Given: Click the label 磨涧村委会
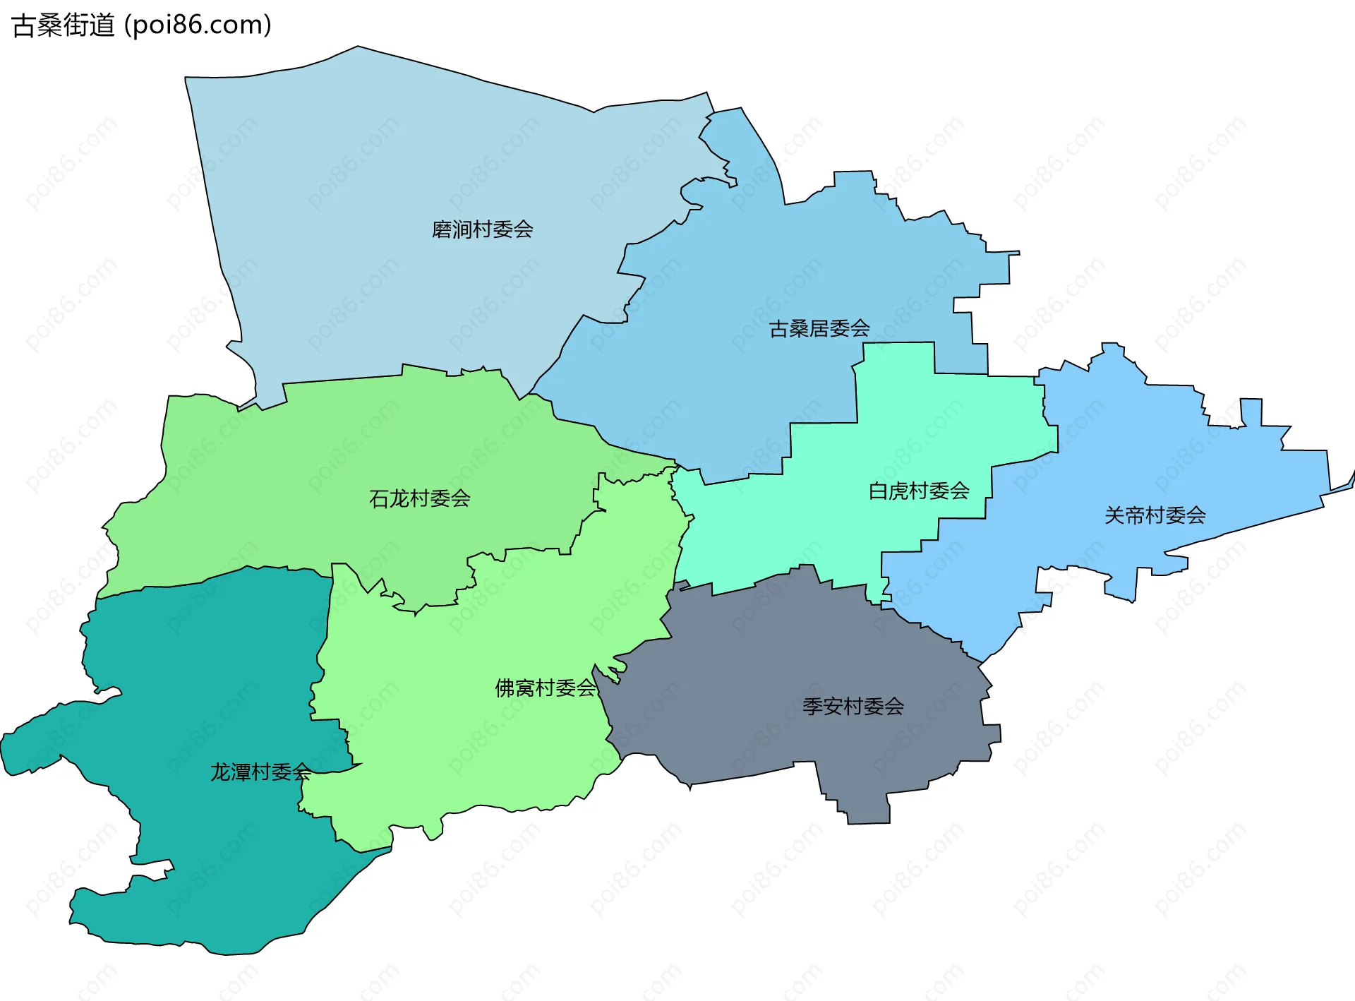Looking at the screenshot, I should point(482,229).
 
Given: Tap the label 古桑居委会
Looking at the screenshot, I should point(819,328).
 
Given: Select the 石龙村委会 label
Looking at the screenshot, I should point(419,498).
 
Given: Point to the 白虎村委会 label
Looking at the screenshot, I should point(918,491).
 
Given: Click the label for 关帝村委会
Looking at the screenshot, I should point(1155,515).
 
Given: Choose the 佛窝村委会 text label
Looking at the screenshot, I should point(546,688).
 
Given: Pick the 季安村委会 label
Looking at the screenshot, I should point(853,706).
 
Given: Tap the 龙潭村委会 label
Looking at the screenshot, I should point(260,772).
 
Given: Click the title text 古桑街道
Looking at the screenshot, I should point(64,25).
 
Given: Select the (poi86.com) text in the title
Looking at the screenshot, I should point(198,25).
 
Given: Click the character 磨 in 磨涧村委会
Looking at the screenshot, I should point(442,229).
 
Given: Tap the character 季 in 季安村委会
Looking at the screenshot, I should point(812,706).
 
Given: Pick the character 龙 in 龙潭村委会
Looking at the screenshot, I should point(220,772).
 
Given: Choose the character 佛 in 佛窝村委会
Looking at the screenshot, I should point(505,688).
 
